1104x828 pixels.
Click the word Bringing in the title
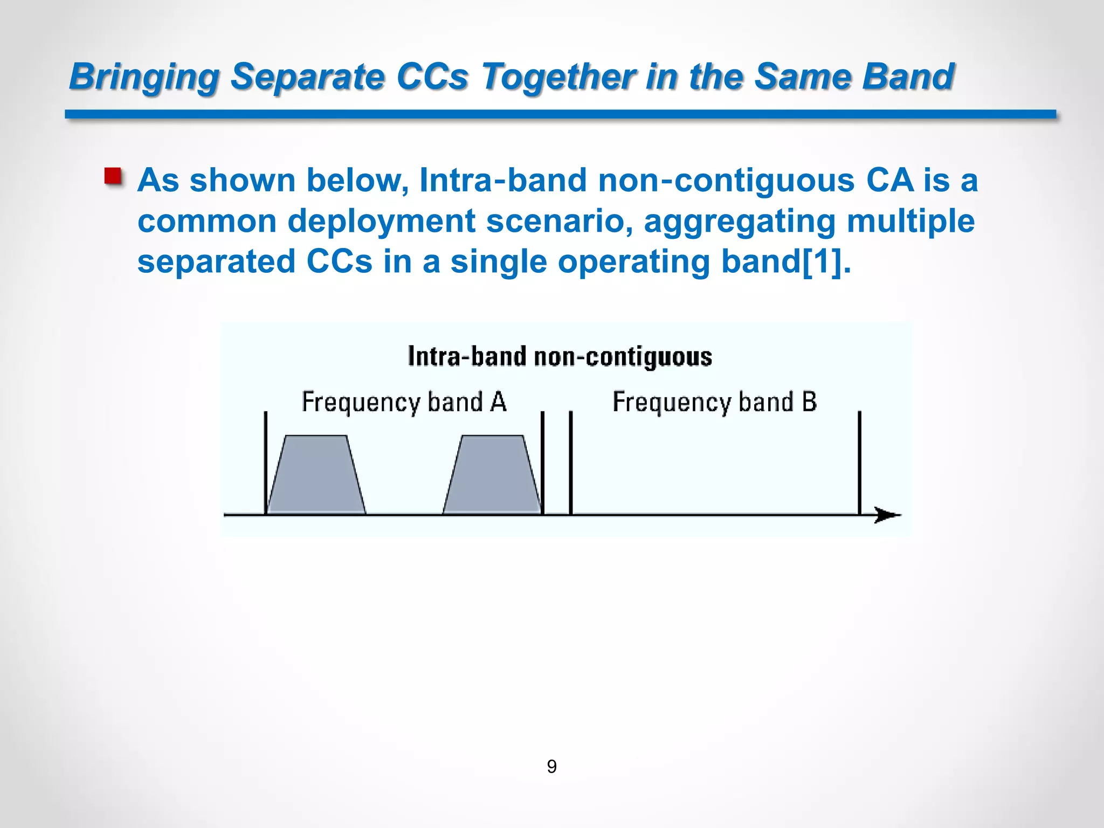144,77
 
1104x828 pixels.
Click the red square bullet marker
113,176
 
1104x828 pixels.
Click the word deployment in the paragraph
381,221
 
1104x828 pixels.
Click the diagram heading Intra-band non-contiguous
560,357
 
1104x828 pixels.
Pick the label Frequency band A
404,402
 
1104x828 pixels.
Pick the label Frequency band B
714,402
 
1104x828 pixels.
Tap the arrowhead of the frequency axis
887,515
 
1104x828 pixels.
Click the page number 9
551,766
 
